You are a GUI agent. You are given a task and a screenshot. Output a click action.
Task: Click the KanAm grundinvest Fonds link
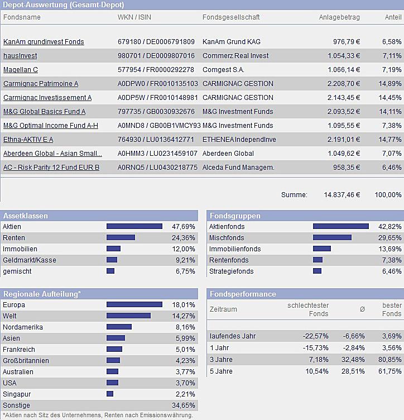pos(44,42)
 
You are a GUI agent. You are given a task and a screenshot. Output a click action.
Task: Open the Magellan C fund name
pos(21,70)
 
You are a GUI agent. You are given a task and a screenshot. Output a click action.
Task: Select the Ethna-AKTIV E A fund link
pos(28,140)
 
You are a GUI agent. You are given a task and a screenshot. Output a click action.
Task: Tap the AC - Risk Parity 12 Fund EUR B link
pos(51,168)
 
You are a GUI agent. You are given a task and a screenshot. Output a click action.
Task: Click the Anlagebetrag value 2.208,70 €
pos(343,84)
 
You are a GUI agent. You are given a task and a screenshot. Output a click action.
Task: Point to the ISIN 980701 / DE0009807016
pos(156,56)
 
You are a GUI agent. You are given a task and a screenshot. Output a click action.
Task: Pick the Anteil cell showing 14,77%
pos(390,140)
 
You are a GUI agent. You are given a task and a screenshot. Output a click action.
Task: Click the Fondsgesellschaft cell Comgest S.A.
pos(223,70)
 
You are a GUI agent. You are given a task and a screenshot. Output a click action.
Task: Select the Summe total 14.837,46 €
pos(342,195)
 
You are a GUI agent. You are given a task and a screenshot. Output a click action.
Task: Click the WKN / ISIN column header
pos(134,17)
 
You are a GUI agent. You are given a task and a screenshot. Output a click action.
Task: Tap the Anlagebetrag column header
pos(339,17)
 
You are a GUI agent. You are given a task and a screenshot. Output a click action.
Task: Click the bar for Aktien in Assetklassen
pos(134,227)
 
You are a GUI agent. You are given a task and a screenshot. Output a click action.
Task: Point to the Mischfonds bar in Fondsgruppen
pos(332,238)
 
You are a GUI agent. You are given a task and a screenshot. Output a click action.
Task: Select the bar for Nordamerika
pos(119,327)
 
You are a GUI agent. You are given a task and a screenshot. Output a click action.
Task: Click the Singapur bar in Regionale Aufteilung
pos(110,394)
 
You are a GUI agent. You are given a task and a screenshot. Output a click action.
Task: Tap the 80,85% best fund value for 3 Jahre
pos(390,360)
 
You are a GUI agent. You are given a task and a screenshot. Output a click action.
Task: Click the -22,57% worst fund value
pos(316,336)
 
